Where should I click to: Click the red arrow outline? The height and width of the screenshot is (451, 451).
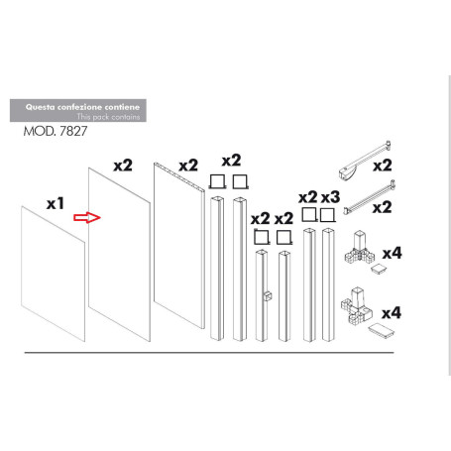tap(91, 217)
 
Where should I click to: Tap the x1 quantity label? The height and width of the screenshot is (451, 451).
tap(56, 202)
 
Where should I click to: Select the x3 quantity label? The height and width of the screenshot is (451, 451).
tap(330, 197)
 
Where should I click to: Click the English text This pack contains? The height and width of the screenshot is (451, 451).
tap(110, 117)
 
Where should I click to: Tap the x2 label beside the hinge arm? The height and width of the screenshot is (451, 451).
tap(382, 165)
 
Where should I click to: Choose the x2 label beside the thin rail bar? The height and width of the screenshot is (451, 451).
tap(382, 207)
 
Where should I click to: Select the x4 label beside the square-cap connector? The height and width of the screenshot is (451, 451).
tap(393, 254)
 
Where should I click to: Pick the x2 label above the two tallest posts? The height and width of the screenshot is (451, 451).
tap(231, 160)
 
